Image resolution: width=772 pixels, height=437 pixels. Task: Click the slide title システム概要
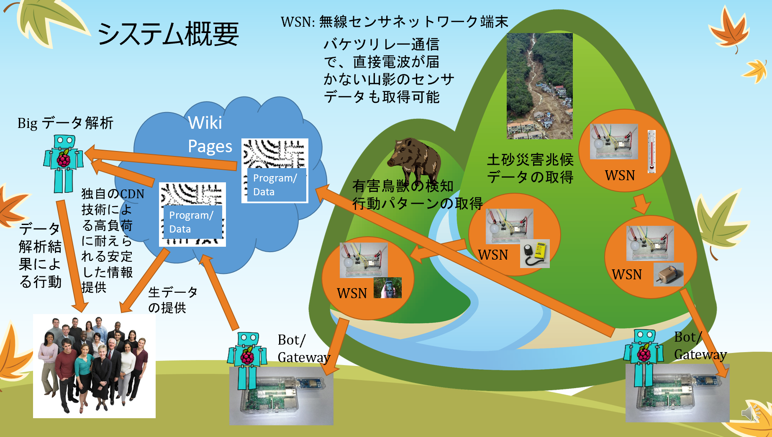(x=168, y=33)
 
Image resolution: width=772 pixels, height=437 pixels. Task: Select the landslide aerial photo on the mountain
(x=539, y=86)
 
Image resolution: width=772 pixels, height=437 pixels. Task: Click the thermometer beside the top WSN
(x=651, y=151)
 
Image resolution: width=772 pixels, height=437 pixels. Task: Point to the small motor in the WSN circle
(x=668, y=274)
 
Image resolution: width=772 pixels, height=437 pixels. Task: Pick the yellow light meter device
(x=535, y=253)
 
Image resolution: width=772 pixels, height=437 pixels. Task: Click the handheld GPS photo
(x=388, y=288)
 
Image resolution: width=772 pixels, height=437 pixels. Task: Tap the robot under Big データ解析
(x=64, y=164)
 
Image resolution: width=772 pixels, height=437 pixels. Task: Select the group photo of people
(x=94, y=366)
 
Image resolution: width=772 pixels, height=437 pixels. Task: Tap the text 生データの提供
(x=172, y=300)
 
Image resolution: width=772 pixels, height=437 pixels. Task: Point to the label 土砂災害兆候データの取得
(x=530, y=168)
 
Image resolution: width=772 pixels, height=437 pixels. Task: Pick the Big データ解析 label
(x=65, y=123)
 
